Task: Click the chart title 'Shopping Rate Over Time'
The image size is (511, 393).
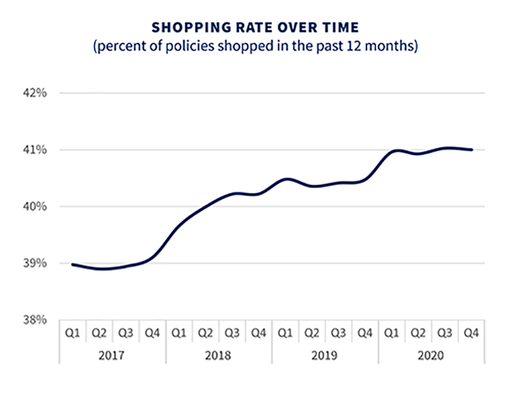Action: coord(255,27)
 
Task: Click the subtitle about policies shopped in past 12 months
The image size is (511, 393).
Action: coord(256,47)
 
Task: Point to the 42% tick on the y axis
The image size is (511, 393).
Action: coord(36,93)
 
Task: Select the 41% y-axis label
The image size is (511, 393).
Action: coord(36,150)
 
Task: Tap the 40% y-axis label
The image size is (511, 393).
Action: coord(36,207)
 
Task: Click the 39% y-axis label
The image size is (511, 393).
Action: coord(36,263)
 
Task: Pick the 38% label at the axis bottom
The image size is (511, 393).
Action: coord(36,320)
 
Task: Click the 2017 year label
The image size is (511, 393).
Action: coord(112,355)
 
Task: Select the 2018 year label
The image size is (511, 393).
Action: coord(218,355)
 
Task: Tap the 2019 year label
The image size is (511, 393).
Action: coord(325,355)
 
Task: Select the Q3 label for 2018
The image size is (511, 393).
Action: coord(232,332)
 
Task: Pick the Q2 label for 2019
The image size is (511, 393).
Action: coord(312,332)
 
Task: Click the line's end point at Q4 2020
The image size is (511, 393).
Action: coord(471,150)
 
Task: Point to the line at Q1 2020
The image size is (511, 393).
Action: coord(392,151)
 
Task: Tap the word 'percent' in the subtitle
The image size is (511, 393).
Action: coord(119,47)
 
